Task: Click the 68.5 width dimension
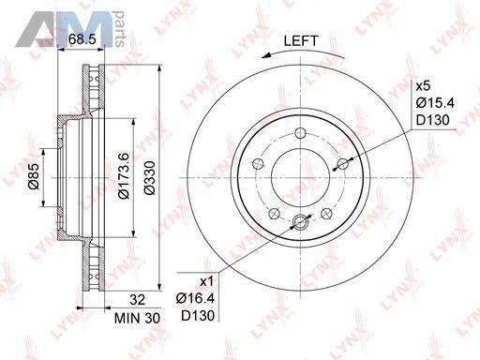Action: coord(82,39)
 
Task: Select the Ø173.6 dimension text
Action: coord(124,176)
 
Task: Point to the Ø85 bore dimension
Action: coord(34,176)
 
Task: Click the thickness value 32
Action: coord(138,300)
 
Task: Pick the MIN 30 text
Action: coord(137,318)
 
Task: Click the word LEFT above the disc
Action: coord(301,41)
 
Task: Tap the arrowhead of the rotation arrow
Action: coord(266,55)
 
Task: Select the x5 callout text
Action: coord(423,86)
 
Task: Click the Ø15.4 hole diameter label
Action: coord(435,103)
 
